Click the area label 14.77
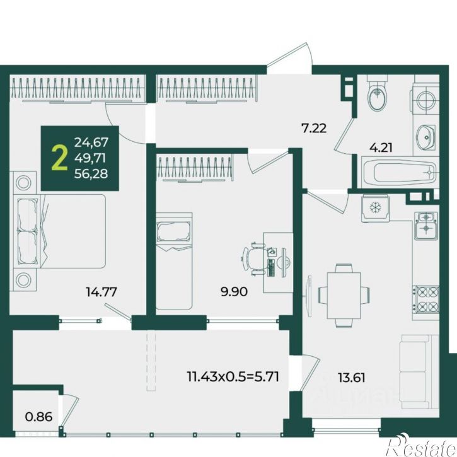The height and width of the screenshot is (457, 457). pyautogui.click(x=101, y=292)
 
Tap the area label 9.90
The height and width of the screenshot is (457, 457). pyautogui.click(x=234, y=291)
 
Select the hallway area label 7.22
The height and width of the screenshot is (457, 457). pyautogui.click(x=314, y=128)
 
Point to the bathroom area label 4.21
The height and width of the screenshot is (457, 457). pyautogui.click(x=381, y=148)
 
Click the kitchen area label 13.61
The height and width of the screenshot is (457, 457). pyautogui.click(x=352, y=378)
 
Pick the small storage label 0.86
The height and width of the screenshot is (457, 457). pyautogui.click(x=38, y=417)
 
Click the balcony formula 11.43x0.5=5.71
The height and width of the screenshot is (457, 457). pyautogui.click(x=233, y=376)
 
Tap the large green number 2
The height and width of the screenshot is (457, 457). pyautogui.click(x=59, y=158)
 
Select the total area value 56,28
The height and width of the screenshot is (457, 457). pyautogui.click(x=91, y=174)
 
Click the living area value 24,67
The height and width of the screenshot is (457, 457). pyautogui.click(x=91, y=142)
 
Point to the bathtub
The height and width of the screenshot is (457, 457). pyautogui.click(x=400, y=172)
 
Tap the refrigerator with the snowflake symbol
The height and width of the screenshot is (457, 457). pyautogui.click(x=376, y=209)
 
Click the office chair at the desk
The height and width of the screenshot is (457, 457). pyautogui.click(x=253, y=258)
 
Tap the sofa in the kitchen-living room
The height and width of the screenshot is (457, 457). pyautogui.click(x=420, y=372)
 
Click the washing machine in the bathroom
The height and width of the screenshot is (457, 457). pyautogui.click(x=425, y=100)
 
